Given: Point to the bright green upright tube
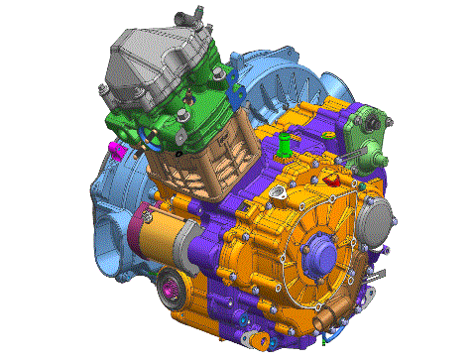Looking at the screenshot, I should [284, 145].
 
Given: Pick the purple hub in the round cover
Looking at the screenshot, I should [328, 257].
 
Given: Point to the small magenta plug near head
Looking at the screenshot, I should [115, 151].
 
